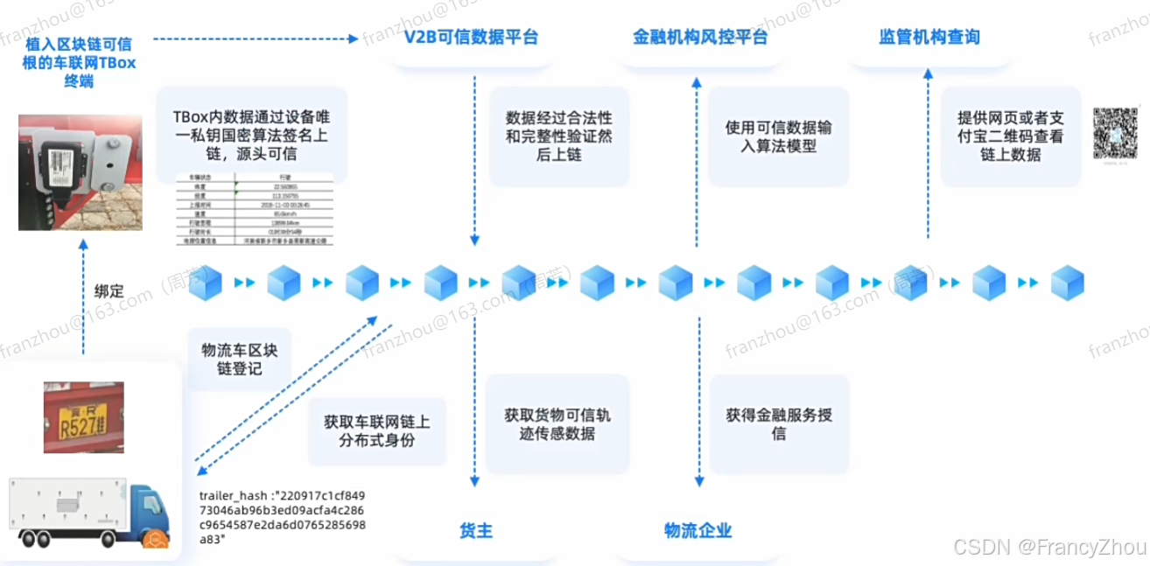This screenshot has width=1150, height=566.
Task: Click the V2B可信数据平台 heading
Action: point(471,38)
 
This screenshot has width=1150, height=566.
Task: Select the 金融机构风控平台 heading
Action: point(699,38)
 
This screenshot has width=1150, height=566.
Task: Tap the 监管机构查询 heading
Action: point(929,38)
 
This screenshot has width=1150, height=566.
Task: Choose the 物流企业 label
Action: point(698,531)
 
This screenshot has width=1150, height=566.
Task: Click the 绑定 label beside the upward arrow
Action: point(109,290)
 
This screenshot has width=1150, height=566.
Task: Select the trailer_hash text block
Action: point(283,519)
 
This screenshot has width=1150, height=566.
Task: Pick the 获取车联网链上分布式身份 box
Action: point(376,430)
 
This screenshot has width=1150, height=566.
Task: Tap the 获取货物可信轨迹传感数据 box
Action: point(557,423)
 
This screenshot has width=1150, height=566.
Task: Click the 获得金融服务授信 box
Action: point(779,423)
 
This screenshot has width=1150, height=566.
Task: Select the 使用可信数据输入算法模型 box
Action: point(778,136)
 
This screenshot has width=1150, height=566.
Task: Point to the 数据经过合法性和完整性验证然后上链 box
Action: point(557,136)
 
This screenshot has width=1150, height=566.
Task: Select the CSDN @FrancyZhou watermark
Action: point(1049,548)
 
